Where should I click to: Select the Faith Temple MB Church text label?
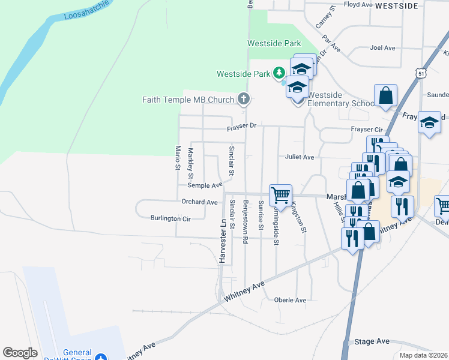[x=188, y=99]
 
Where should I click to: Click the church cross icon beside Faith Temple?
[x=243, y=99]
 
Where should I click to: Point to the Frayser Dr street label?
[x=241, y=127]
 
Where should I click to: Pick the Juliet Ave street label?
[x=300, y=157]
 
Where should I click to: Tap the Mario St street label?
[x=177, y=157]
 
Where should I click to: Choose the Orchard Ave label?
[x=199, y=202]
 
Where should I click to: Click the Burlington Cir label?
[x=170, y=218]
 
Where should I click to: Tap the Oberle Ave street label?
[x=290, y=300]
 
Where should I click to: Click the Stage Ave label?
[x=372, y=341]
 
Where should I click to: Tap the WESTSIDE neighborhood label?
[x=396, y=5]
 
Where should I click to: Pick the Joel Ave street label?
[x=382, y=47]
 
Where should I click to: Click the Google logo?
[x=20, y=353]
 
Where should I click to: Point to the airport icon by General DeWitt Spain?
[x=102, y=356]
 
